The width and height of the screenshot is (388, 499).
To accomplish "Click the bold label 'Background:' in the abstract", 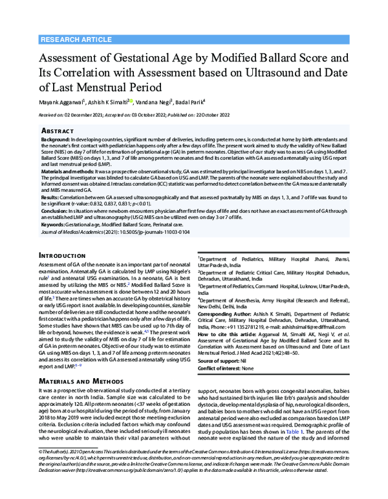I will (x=56, y=140).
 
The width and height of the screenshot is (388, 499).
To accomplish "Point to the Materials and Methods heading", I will (x=81, y=382).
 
